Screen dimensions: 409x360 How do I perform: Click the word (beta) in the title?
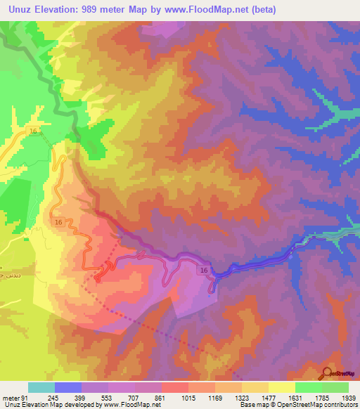[259, 10]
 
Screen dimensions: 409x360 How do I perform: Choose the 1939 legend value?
[347, 398]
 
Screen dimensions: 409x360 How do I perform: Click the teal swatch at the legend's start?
[41, 387]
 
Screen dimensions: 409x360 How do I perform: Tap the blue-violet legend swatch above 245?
[68, 387]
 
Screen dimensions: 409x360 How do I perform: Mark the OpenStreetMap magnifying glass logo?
[328, 372]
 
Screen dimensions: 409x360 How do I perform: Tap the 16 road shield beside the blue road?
[203, 270]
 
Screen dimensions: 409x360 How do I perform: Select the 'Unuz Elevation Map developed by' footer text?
[42, 405]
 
